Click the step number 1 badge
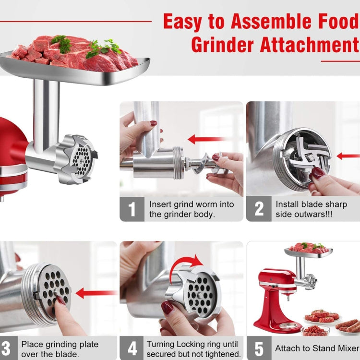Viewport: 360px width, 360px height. click(x=132, y=209)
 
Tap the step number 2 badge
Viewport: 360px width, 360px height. click(x=259, y=209)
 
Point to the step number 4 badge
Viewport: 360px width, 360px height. click(x=132, y=348)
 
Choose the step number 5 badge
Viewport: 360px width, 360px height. click(x=259, y=348)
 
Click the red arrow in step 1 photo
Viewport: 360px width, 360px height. click(x=206, y=139)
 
